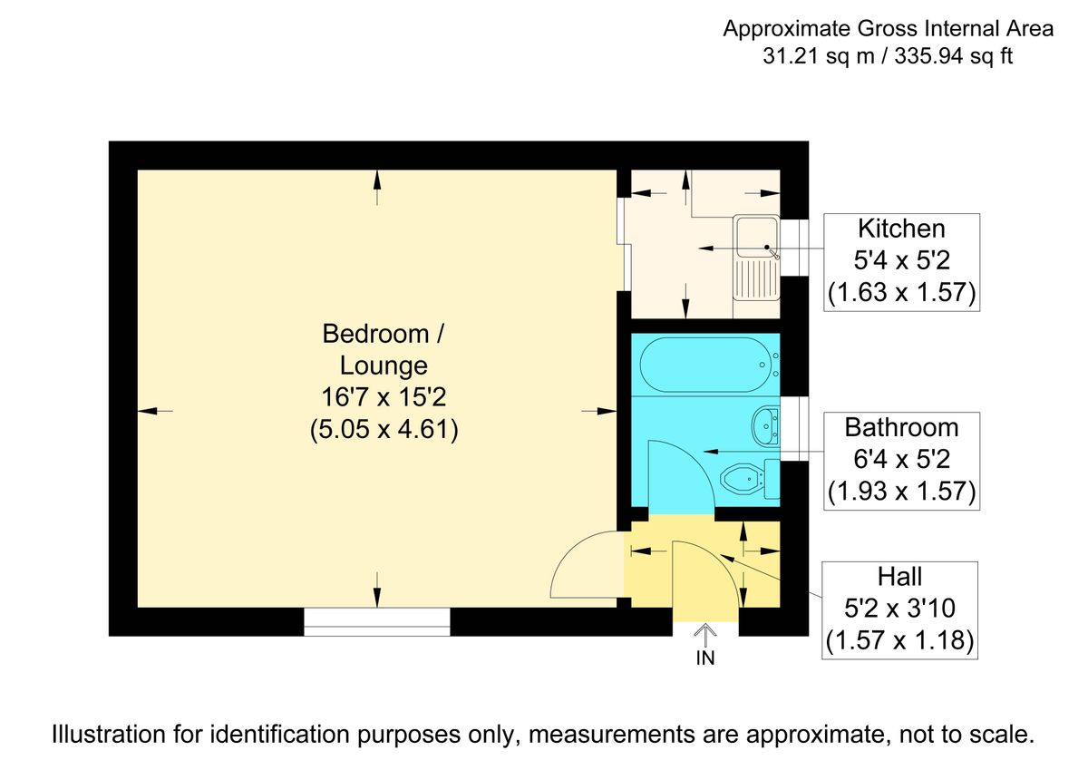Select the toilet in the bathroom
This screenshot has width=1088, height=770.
tap(741, 476)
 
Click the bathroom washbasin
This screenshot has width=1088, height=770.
tap(763, 424)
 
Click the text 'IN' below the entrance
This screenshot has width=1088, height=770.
tap(705, 659)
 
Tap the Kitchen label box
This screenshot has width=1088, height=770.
tap(901, 261)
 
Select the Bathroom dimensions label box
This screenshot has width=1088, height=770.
tap(901, 460)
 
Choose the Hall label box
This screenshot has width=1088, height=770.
tap(899, 609)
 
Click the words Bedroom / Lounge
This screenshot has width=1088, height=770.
tap(383, 349)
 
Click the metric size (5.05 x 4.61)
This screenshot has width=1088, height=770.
tap(383, 429)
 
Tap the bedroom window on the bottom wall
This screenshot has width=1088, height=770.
tap(376, 621)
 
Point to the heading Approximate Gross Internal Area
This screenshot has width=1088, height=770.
tap(888, 29)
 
